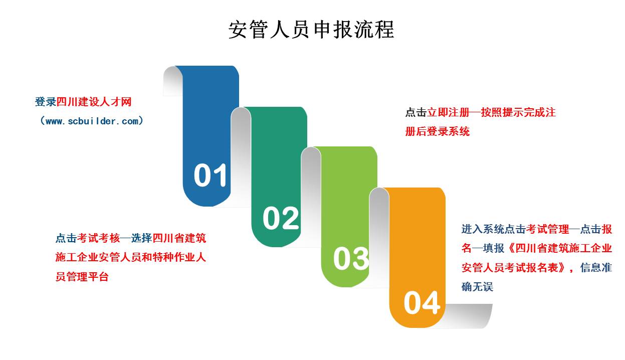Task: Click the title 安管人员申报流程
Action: [x=311, y=29]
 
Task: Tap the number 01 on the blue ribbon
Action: [x=210, y=175]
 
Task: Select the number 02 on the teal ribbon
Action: [x=280, y=218]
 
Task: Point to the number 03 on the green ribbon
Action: [x=351, y=258]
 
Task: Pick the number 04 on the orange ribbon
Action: [x=422, y=303]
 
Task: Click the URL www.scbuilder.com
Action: [x=92, y=121]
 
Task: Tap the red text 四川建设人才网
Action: [x=94, y=102]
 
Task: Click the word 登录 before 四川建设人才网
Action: [x=46, y=102]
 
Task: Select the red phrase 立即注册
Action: [x=449, y=112]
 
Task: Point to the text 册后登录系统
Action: [x=438, y=131]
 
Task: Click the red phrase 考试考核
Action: [x=99, y=238]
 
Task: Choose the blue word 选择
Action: [x=141, y=238]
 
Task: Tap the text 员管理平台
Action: [x=82, y=277]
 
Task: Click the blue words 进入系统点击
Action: [x=494, y=229]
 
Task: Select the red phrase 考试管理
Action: [x=547, y=229]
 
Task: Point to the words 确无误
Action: [x=478, y=287]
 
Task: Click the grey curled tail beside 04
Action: [x=469, y=315]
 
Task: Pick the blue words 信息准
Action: [x=596, y=267]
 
